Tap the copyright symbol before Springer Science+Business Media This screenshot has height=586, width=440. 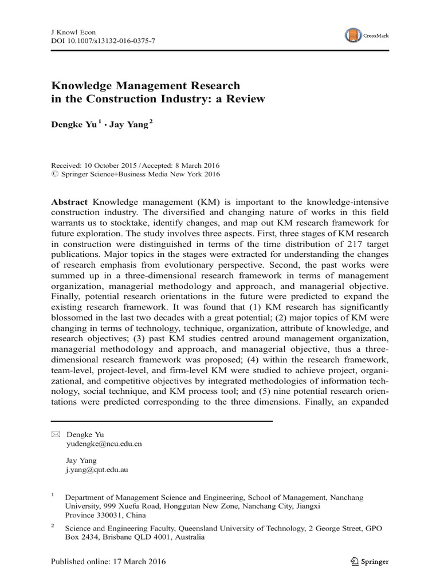click(x=55, y=175)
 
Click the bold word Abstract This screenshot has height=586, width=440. click(x=70, y=203)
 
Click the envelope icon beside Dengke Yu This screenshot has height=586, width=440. click(x=55, y=434)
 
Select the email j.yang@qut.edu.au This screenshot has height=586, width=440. click(x=97, y=469)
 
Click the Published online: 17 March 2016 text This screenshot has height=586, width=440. click(x=109, y=561)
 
